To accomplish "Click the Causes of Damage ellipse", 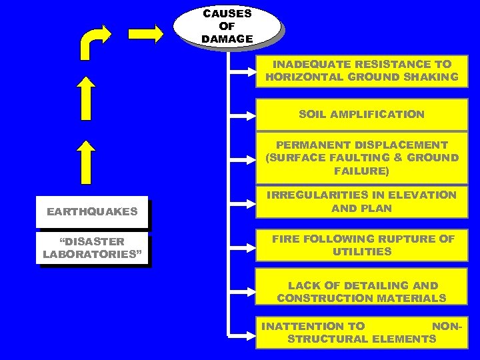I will (227, 26).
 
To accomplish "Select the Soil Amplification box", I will (361, 114).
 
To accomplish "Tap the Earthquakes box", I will (92, 212).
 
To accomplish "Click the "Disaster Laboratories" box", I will (92, 247).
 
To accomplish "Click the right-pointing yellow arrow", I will (145, 33).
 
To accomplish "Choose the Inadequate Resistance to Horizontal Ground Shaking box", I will (361, 71).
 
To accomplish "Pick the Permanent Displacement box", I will (361, 158).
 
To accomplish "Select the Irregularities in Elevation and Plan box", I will (361, 201).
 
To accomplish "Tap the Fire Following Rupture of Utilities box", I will (361, 245).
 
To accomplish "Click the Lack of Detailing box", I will (361, 292).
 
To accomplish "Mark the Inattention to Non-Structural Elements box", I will (361, 333).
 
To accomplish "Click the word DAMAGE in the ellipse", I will (227, 39).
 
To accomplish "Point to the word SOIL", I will (313, 114).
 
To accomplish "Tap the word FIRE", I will (285, 239).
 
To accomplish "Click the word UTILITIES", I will (362, 252).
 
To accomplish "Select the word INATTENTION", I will (313, 326).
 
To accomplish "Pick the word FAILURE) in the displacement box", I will (361, 171).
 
